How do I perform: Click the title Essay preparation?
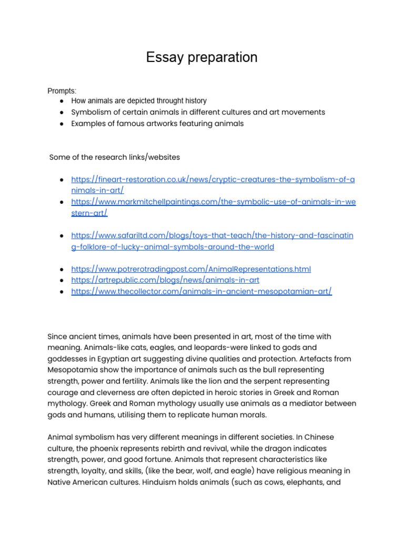pos(201,57)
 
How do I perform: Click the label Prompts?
pos(62,91)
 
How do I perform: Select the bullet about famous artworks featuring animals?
pos(157,123)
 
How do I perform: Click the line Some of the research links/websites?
pos(115,157)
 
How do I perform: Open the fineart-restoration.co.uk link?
pos(213,180)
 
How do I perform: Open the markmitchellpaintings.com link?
pos(213,202)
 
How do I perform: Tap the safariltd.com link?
pos(212,235)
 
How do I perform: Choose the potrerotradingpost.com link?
pos(191,269)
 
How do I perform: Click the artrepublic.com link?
pos(165,280)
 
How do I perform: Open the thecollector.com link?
pos(201,291)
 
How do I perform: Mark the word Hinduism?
pos(163,482)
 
